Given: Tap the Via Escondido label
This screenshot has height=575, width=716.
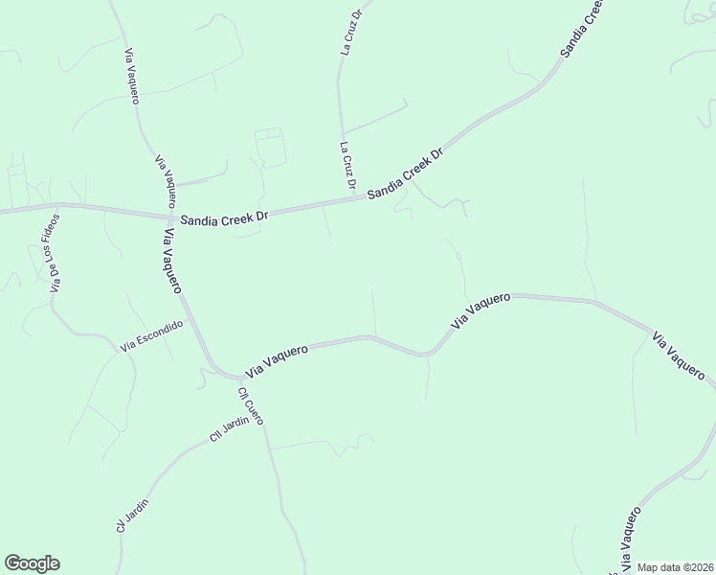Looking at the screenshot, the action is coord(151,335).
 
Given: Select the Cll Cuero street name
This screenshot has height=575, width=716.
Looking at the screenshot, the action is coord(251,406).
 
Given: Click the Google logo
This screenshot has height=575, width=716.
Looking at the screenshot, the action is coord(32,563).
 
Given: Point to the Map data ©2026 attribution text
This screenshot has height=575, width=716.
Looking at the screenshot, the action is coord(676,567).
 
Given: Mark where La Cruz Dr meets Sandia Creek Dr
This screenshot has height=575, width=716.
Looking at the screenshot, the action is coord(356,199).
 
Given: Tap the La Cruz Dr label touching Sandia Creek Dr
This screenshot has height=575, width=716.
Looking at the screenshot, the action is coord(348,166).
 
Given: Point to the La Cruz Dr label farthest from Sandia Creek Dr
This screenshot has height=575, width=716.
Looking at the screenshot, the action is coord(349,33).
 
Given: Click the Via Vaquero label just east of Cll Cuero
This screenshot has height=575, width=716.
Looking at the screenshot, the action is coord(277,359).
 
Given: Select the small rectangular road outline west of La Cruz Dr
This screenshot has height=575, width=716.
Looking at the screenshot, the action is coord(269,147).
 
